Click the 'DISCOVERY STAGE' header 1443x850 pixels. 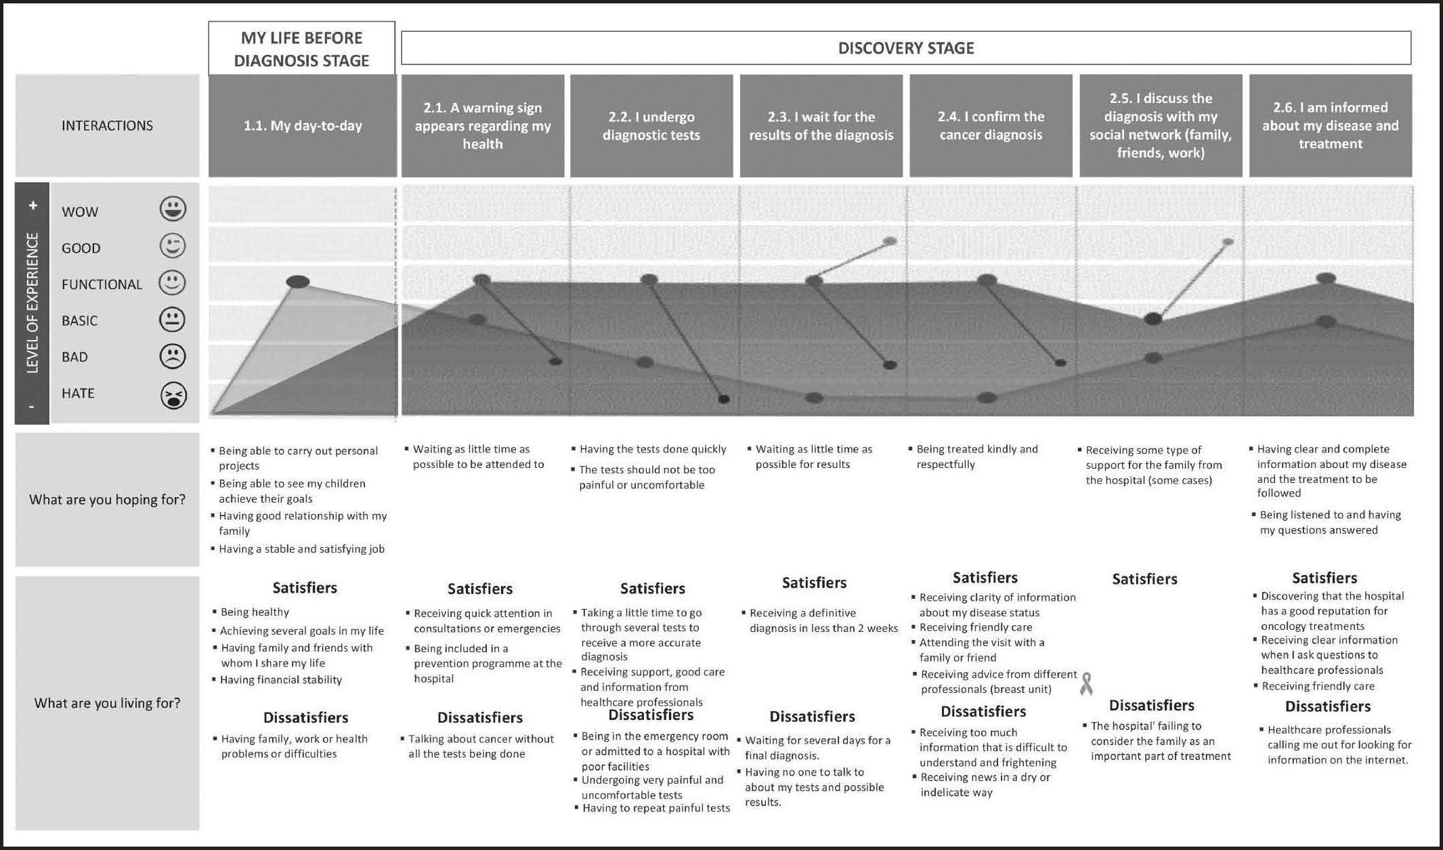906,48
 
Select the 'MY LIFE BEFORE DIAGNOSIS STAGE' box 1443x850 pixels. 301,49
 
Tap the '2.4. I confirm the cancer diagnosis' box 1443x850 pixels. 991,126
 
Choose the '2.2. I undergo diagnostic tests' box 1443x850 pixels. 651,126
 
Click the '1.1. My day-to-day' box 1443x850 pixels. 303,126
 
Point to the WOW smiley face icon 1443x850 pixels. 173,209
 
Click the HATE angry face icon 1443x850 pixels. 173,396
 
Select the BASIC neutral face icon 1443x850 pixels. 172,320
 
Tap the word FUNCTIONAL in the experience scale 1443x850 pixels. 102,284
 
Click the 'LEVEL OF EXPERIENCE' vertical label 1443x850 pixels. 32,302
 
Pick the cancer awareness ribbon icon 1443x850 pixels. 1086,683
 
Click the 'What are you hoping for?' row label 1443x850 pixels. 107,500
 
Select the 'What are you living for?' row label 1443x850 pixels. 107,703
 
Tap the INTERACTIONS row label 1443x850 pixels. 107,126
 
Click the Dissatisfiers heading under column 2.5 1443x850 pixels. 1151,705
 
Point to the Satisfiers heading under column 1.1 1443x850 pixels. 305,587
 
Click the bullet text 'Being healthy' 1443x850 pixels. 255,612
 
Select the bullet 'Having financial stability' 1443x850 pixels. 281,680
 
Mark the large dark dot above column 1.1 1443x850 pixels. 298,282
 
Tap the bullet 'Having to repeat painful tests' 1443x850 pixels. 655,808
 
